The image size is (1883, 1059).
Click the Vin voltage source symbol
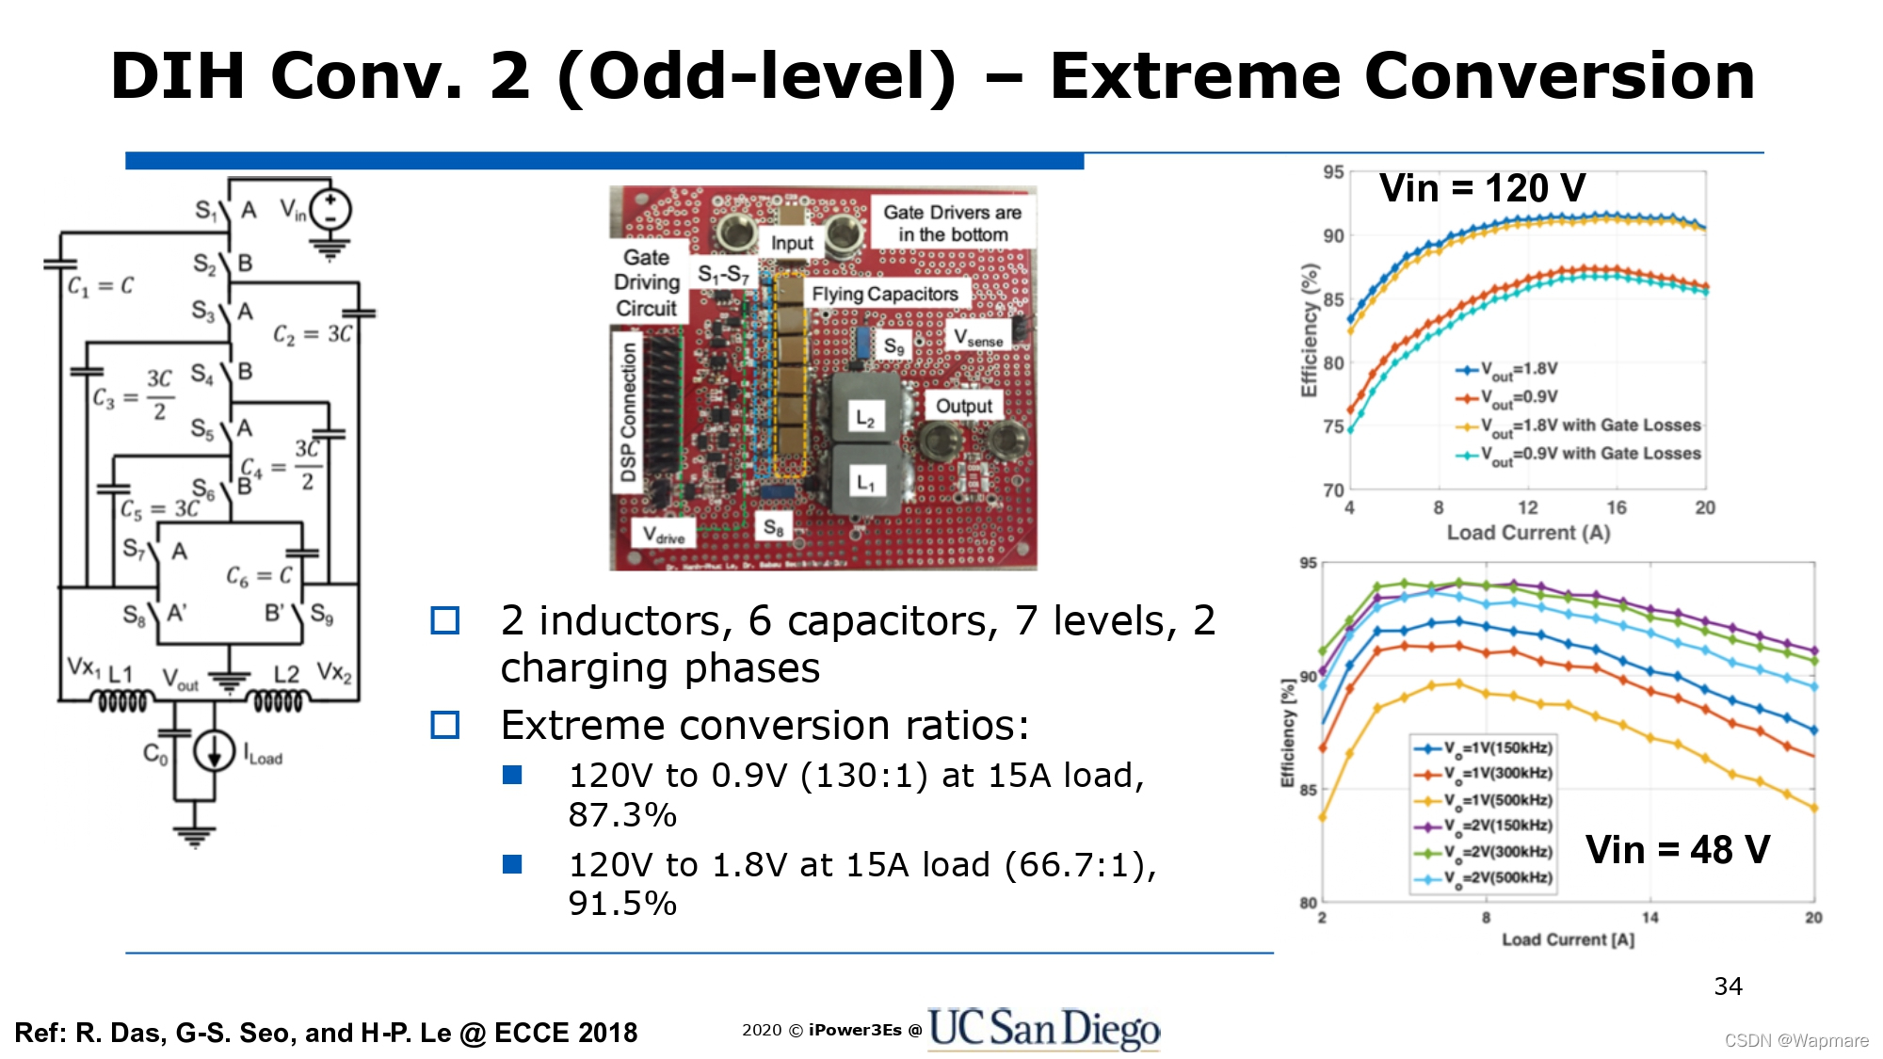(330, 210)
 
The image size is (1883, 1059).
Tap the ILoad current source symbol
(214, 750)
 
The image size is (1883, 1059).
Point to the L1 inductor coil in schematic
(122, 701)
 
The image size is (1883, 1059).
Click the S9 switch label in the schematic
(322, 615)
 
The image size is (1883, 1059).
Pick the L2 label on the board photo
(865, 419)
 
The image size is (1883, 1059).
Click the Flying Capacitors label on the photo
(885, 295)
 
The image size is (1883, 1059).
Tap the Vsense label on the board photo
(978, 337)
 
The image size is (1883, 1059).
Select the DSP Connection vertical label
(628, 412)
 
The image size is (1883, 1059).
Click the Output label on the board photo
(963, 406)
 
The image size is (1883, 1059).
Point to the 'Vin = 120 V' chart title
(1482, 188)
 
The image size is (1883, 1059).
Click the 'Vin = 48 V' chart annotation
(1677, 850)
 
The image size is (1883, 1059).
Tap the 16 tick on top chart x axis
(1616, 508)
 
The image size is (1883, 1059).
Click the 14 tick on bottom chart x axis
(1650, 917)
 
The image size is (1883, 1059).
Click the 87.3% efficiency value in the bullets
(622, 815)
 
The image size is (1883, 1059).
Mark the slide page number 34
(1728, 987)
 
